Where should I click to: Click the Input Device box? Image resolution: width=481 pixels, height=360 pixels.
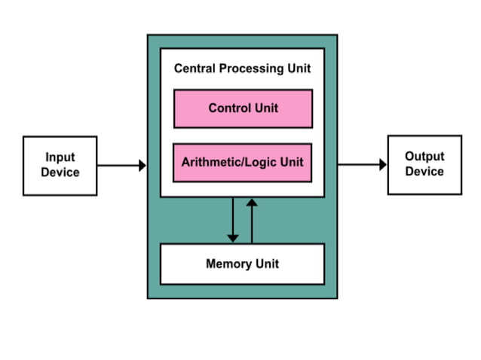tap(60, 165)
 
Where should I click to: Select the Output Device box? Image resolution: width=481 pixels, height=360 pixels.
tap(424, 164)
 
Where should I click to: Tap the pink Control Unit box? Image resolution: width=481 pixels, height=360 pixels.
tap(243, 108)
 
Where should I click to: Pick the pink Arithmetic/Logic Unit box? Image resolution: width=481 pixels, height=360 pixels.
tap(243, 162)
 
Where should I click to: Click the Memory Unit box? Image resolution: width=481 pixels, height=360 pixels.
tap(243, 264)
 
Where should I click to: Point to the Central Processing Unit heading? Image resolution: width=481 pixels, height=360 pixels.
tap(243, 69)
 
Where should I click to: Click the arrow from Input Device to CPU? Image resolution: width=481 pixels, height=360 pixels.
tap(121, 165)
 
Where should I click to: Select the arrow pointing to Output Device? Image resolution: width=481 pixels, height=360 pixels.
tap(362, 164)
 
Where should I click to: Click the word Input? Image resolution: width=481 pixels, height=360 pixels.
tap(60, 157)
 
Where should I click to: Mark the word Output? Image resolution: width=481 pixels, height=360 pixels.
tap(424, 157)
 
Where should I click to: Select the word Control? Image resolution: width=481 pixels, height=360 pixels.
tap(228, 108)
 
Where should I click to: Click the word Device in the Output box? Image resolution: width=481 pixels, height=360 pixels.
tap(424, 172)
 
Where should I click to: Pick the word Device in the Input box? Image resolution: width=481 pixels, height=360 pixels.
tap(60, 172)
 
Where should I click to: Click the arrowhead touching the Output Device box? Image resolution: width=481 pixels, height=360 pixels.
tap(382, 164)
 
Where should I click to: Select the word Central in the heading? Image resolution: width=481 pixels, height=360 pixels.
tap(195, 69)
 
